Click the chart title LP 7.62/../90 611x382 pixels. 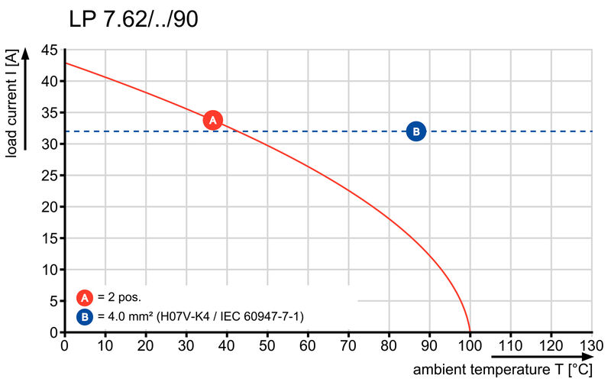click(x=133, y=19)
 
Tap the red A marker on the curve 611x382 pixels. click(x=213, y=120)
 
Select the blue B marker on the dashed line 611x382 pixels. click(x=416, y=131)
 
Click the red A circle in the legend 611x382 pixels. click(x=85, y=298)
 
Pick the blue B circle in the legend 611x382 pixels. click(x=85, y=316)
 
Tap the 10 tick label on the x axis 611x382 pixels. click(x=105, y=345)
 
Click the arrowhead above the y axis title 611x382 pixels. click(x=25, y=53)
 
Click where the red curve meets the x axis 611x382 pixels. click(x=470, y=332)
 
